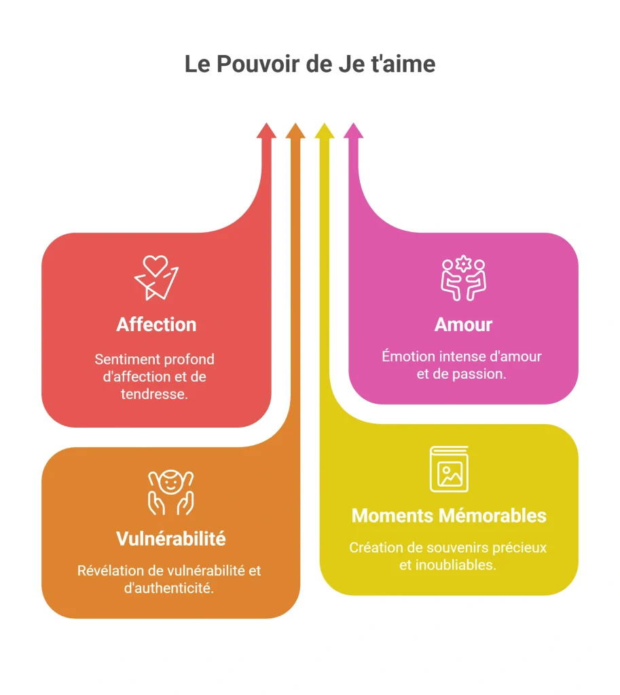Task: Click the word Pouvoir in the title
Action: [x=258, y=64]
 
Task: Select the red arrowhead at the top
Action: [x=266, y=131]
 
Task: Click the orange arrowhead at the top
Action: [x=295, y=131]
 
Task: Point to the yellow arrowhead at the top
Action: [x=325, y=131]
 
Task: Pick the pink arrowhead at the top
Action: [x=354, y=131]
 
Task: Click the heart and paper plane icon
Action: [x=157, y=278]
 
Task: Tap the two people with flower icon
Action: [x=463, y=278]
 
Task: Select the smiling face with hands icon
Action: [x=170, y=492]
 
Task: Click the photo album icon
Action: [x=450, y=469]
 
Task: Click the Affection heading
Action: [x=157, y=324]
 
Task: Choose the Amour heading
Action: [x=463, y=324]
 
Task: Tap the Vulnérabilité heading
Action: [x=170, y=538]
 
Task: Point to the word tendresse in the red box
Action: [x=153, y=394]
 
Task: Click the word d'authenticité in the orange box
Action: [x=168, y=588]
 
